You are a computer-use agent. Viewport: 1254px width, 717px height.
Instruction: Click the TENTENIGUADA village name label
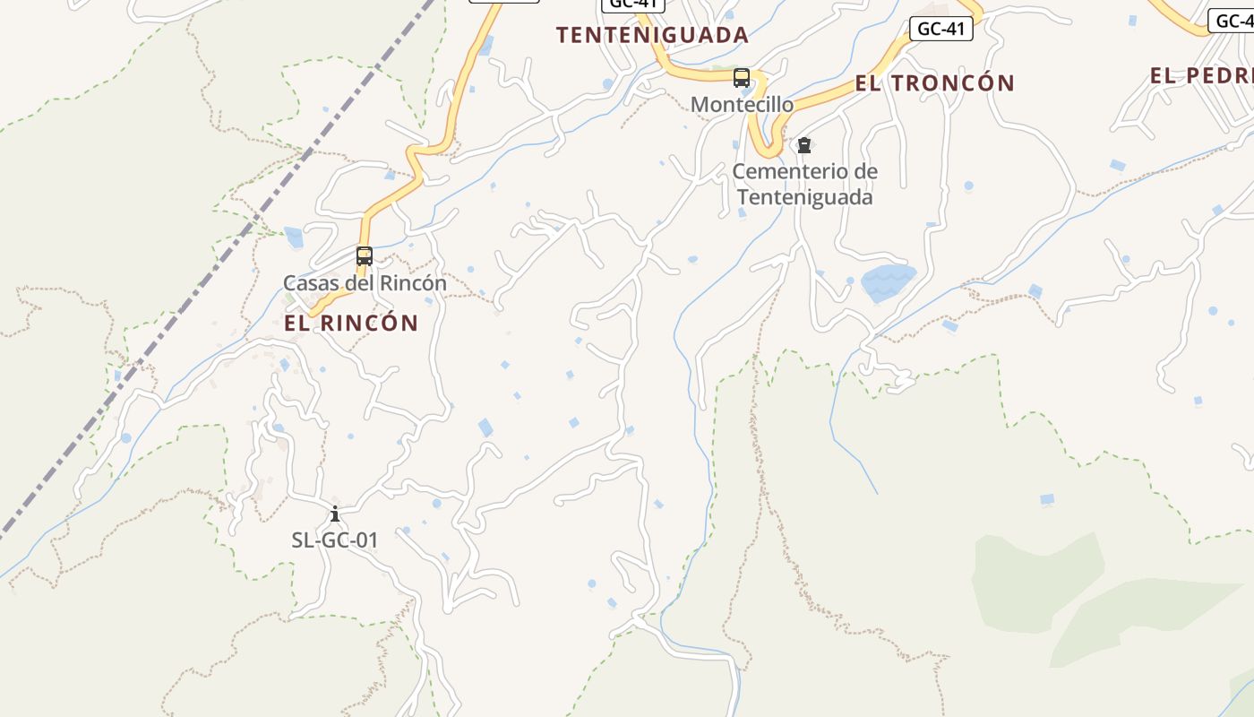651,35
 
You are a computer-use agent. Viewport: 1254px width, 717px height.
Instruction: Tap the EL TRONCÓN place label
934,83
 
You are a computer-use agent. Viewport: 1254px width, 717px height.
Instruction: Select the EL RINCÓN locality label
351,323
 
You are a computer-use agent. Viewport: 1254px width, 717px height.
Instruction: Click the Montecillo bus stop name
742,105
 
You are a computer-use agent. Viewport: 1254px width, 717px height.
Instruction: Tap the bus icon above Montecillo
742,78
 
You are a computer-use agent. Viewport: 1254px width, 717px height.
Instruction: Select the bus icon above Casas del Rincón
364,256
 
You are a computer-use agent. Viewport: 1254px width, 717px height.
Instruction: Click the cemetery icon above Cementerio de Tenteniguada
804,145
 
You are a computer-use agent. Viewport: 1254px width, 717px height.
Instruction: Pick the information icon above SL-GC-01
335,514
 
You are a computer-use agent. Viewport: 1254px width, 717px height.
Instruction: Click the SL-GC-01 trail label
335,540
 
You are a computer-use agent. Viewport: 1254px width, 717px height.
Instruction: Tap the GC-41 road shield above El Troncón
940,29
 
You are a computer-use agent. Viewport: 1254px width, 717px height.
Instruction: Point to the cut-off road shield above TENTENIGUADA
631,4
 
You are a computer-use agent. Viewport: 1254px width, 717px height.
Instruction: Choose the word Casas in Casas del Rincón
309,283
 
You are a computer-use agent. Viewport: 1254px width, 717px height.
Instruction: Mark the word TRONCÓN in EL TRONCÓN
954,83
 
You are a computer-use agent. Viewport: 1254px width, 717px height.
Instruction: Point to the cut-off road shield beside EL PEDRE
1232,21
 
